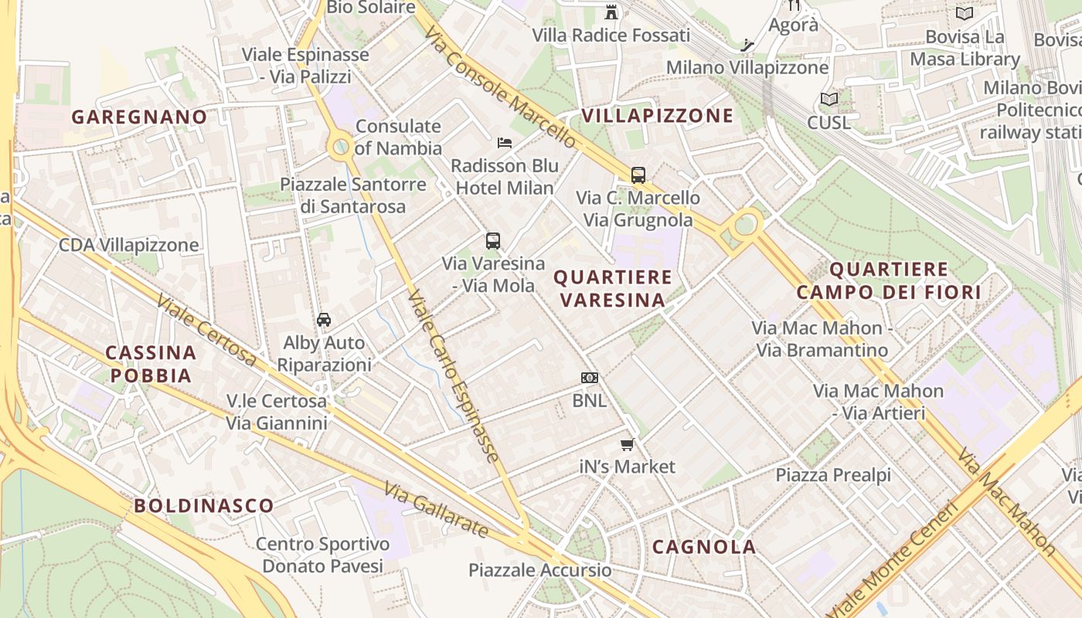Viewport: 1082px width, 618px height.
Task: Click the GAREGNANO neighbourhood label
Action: pyautogui.click(x=139, y=117)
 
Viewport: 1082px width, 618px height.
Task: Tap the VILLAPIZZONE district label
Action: pyautogui.click(x=657, y=116)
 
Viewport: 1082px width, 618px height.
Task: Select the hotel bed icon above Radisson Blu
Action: pyautogui.click(x=505, y=143)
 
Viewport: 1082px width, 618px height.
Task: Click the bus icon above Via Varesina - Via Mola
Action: pyautogui.click(x=493, y=241)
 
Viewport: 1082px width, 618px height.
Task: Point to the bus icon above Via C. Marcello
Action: pyautogui.click(x=638, y=175)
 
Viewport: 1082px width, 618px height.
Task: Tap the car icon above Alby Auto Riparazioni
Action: pyautogui.click(x=324, y=320)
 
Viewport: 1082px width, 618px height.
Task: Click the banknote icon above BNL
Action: pyautogui.click(x=590, y=378)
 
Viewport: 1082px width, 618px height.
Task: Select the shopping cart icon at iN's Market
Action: pyautogui.click(x=628, y=444)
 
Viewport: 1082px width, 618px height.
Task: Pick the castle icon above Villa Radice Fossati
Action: pyautogui.click(x=611, y=12)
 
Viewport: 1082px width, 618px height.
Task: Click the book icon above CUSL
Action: pyautogui.click(x=829, y=100)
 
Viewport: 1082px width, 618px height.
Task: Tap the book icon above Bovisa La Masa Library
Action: pyautogui.click(x=964, y=14)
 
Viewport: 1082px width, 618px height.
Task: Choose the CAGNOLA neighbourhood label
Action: pyautogui.click(x=704, y=547)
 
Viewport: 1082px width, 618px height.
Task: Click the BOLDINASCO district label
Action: pyautogui.click(x=204, y=506)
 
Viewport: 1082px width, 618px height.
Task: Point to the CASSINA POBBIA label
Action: pyautogui.click(x=150, y=364)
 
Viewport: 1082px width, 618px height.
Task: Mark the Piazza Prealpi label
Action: pyautogui.click(x=833, y=475)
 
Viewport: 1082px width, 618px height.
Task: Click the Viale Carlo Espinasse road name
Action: pyautogui.click(x=453, y=375)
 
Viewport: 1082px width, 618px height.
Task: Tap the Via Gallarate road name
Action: pyautogui.click(x=437, y=511)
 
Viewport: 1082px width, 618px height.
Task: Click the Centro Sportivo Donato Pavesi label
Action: pyautogui.click(x=322, y=555)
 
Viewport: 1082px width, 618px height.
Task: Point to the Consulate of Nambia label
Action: pyautogui.click(x=398, y=137)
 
